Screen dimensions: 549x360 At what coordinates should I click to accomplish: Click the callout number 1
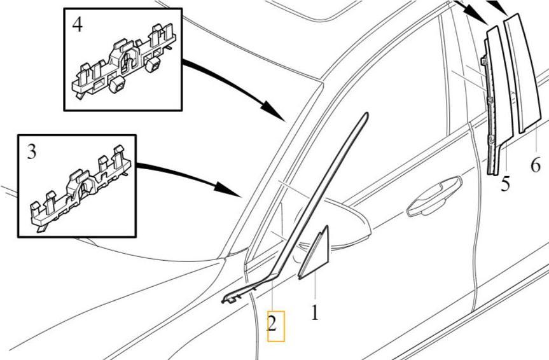point(315,312)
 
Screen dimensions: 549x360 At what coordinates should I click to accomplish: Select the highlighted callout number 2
point(272,324)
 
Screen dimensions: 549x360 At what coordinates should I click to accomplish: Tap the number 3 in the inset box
point(32,153)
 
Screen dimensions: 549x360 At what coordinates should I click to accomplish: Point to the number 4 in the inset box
point(78,25)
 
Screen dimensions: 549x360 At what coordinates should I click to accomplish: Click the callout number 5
point(505,184)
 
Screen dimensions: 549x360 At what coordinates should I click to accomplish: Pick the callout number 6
point(536,165)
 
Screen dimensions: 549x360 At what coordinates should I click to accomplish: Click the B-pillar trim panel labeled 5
point(497,102)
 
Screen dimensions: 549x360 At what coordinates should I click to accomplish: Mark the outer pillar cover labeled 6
point(522,74)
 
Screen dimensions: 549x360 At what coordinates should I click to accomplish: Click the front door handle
point(434,196)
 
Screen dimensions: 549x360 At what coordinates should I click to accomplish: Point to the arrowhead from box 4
point(275,110)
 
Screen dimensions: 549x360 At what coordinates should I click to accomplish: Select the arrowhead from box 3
point(228,190)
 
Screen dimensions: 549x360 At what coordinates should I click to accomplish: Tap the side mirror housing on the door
point(350,224)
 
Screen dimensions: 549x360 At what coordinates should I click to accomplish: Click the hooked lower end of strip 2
point(231,298)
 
